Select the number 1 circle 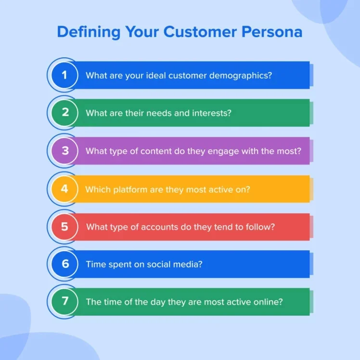64,75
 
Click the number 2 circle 64,113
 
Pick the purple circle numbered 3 64,151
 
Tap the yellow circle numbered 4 64,189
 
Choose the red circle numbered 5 64,227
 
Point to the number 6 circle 64,264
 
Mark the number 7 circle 64,302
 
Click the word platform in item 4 131,189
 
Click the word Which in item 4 98,189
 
